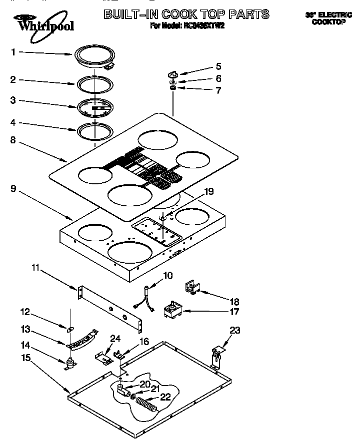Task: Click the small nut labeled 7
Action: tap(173, 88)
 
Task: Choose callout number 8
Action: tap(13, 141)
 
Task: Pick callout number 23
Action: tap(234, 330)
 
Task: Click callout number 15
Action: tap(26, 358)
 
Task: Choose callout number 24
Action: tap(115, 339)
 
